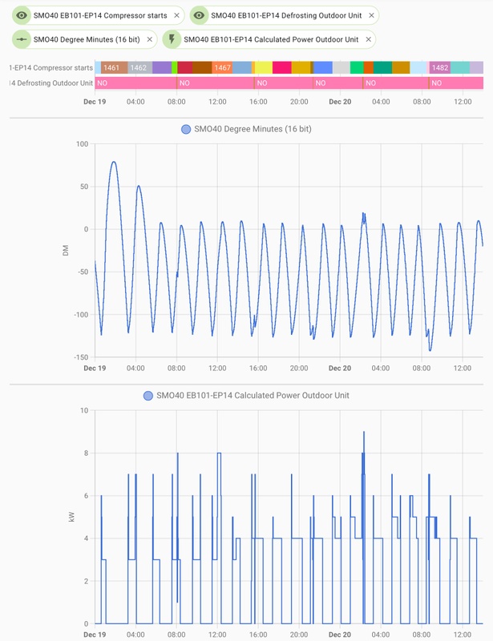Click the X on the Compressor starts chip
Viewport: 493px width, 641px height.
pos(176,15)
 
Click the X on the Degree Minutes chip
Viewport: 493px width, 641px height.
pos(149,38)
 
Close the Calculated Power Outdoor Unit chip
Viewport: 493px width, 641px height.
pos(368,38)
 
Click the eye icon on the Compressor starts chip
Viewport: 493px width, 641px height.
pos(22,15)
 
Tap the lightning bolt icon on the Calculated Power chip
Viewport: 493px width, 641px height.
pos(172,38)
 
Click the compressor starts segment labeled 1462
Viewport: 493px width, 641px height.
pos(139,68)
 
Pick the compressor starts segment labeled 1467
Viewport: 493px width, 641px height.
pos(222,68)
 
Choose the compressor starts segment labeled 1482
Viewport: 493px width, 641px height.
pos(440,68)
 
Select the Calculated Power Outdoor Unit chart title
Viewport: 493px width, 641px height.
pos(253,396)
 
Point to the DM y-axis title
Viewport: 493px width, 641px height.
pos(66,251)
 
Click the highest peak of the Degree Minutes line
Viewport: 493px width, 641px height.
pos(114,162)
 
